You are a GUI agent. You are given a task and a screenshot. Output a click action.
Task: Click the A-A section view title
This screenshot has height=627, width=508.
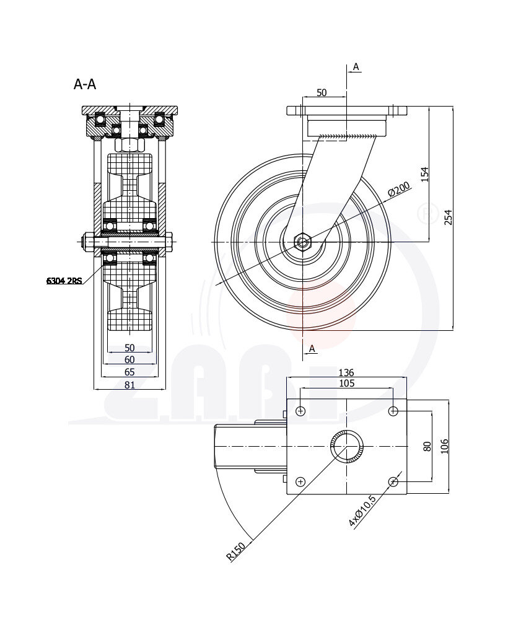click(85, 84)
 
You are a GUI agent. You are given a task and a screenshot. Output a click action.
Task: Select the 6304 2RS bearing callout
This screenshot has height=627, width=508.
click(64, 281)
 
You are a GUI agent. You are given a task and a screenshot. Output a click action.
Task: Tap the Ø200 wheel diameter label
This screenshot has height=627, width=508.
click(400, 190)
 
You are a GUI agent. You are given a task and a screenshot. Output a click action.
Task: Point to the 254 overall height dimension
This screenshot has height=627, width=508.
click(448, 217)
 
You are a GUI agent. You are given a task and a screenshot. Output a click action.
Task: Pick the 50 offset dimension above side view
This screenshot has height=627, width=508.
click(322, 92)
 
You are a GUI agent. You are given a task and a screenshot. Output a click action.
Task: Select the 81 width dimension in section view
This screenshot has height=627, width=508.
click(129, 385)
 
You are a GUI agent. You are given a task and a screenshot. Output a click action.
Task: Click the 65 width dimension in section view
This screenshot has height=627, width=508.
click(129, 372)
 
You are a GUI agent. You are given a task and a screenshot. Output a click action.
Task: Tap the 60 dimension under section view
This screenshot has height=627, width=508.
click(129, 360)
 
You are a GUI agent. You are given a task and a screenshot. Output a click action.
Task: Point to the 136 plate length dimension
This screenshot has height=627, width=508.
click(346, 373)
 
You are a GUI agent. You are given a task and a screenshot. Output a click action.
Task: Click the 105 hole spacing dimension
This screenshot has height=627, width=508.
click(346, 384)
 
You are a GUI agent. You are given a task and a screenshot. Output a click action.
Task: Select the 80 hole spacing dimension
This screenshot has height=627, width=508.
click(426, 446)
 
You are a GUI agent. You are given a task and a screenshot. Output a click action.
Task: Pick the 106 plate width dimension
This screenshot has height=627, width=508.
click(443, 446)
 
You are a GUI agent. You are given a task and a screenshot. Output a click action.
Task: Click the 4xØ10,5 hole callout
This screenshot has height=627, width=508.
click(362, 511)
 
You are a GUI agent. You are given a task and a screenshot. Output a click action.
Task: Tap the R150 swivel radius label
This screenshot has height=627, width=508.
click(236, 551)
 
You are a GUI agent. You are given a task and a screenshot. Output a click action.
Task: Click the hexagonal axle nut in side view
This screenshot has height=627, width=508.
click(302, 241)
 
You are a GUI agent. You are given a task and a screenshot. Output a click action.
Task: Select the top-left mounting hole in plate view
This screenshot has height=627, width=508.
click(301, 411)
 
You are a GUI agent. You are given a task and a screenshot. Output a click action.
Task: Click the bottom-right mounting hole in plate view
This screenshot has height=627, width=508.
click(393, 481)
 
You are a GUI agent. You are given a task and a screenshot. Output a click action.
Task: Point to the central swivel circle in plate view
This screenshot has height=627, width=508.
click(347, 446)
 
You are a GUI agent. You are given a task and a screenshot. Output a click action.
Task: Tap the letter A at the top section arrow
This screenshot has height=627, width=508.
click(356, 66)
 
